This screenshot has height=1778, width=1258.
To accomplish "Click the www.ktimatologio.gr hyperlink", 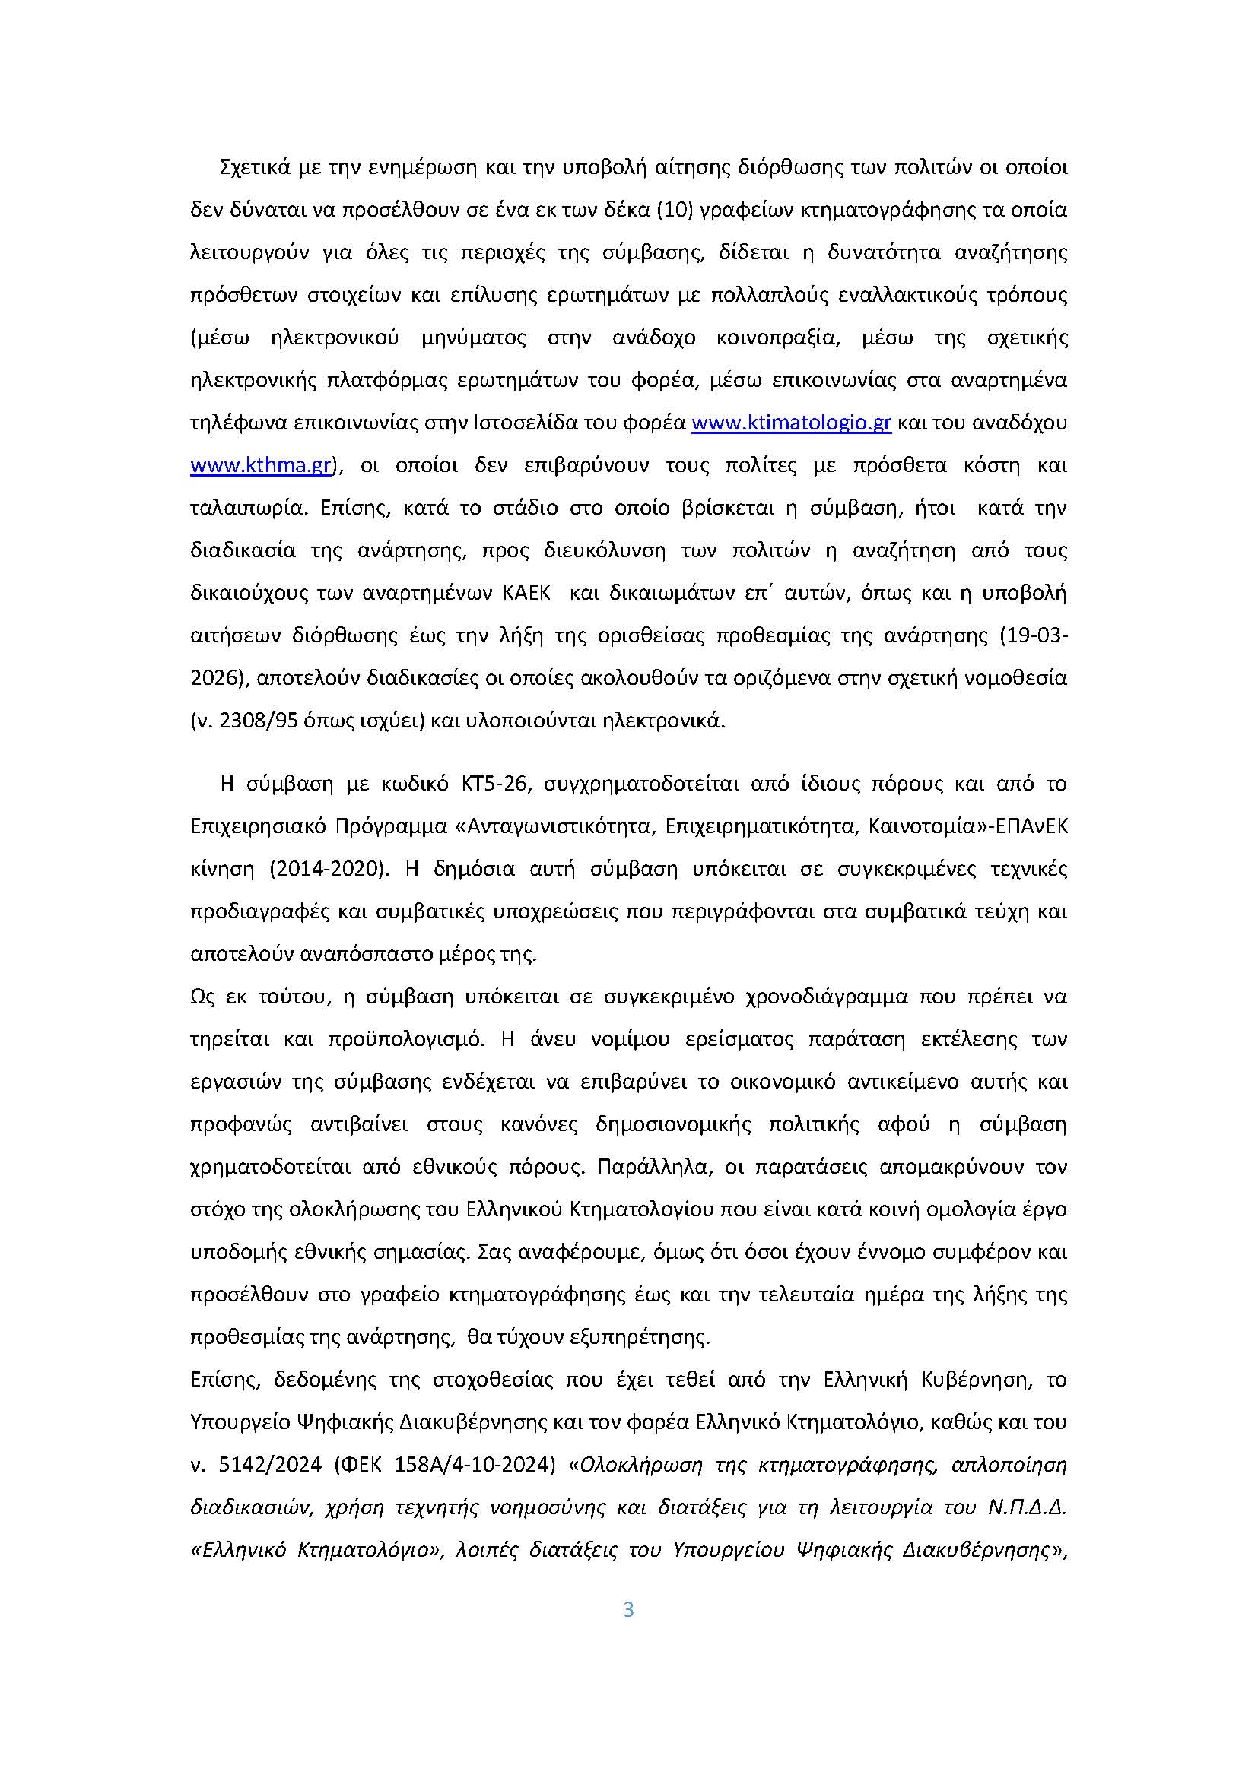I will click(791, 423).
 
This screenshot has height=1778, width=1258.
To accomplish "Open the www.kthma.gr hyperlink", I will click(261, 465).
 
